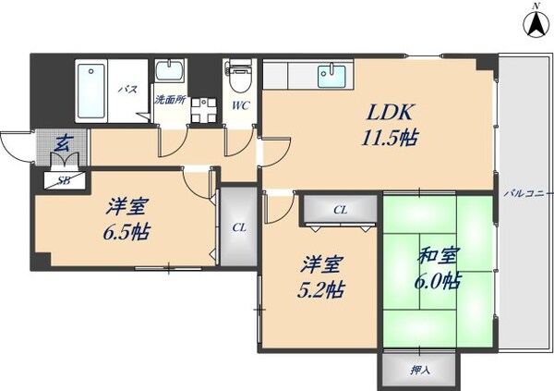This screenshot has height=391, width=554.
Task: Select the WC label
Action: (x=240, y=105)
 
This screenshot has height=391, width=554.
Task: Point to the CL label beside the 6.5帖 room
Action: (x=239, y=226)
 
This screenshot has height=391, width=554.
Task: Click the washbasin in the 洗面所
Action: (x=169, y=73)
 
